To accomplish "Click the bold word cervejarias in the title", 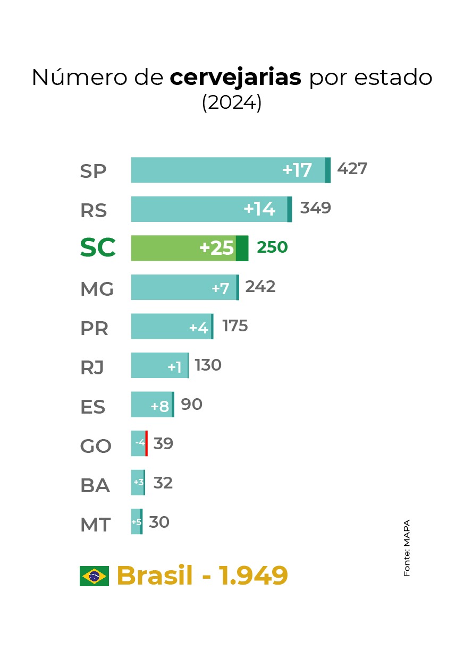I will tap(235, 78).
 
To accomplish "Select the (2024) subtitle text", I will tap(232, 103).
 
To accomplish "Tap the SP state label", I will tap(94, 171).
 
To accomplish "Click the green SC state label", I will tap(98, 248).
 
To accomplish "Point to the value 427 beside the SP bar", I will tap(352, 169).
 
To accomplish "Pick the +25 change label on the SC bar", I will tap(216, 248).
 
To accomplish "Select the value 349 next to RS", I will tap(315, 208).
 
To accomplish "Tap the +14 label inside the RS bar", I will tap(259, 209).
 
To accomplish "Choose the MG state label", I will tap(97, 289).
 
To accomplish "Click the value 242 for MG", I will tap(260, 287).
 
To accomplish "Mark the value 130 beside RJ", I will tap(208, 365).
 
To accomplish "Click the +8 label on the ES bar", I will tap(159, 407).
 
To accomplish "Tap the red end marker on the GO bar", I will tap(146, 443).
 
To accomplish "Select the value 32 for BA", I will tap(163, 483).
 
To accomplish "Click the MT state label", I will tap(95, 525).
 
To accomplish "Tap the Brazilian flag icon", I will tap(94, 576).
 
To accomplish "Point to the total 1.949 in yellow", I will tap(254, 576).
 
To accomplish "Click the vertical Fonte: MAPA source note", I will tap(407, 547).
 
